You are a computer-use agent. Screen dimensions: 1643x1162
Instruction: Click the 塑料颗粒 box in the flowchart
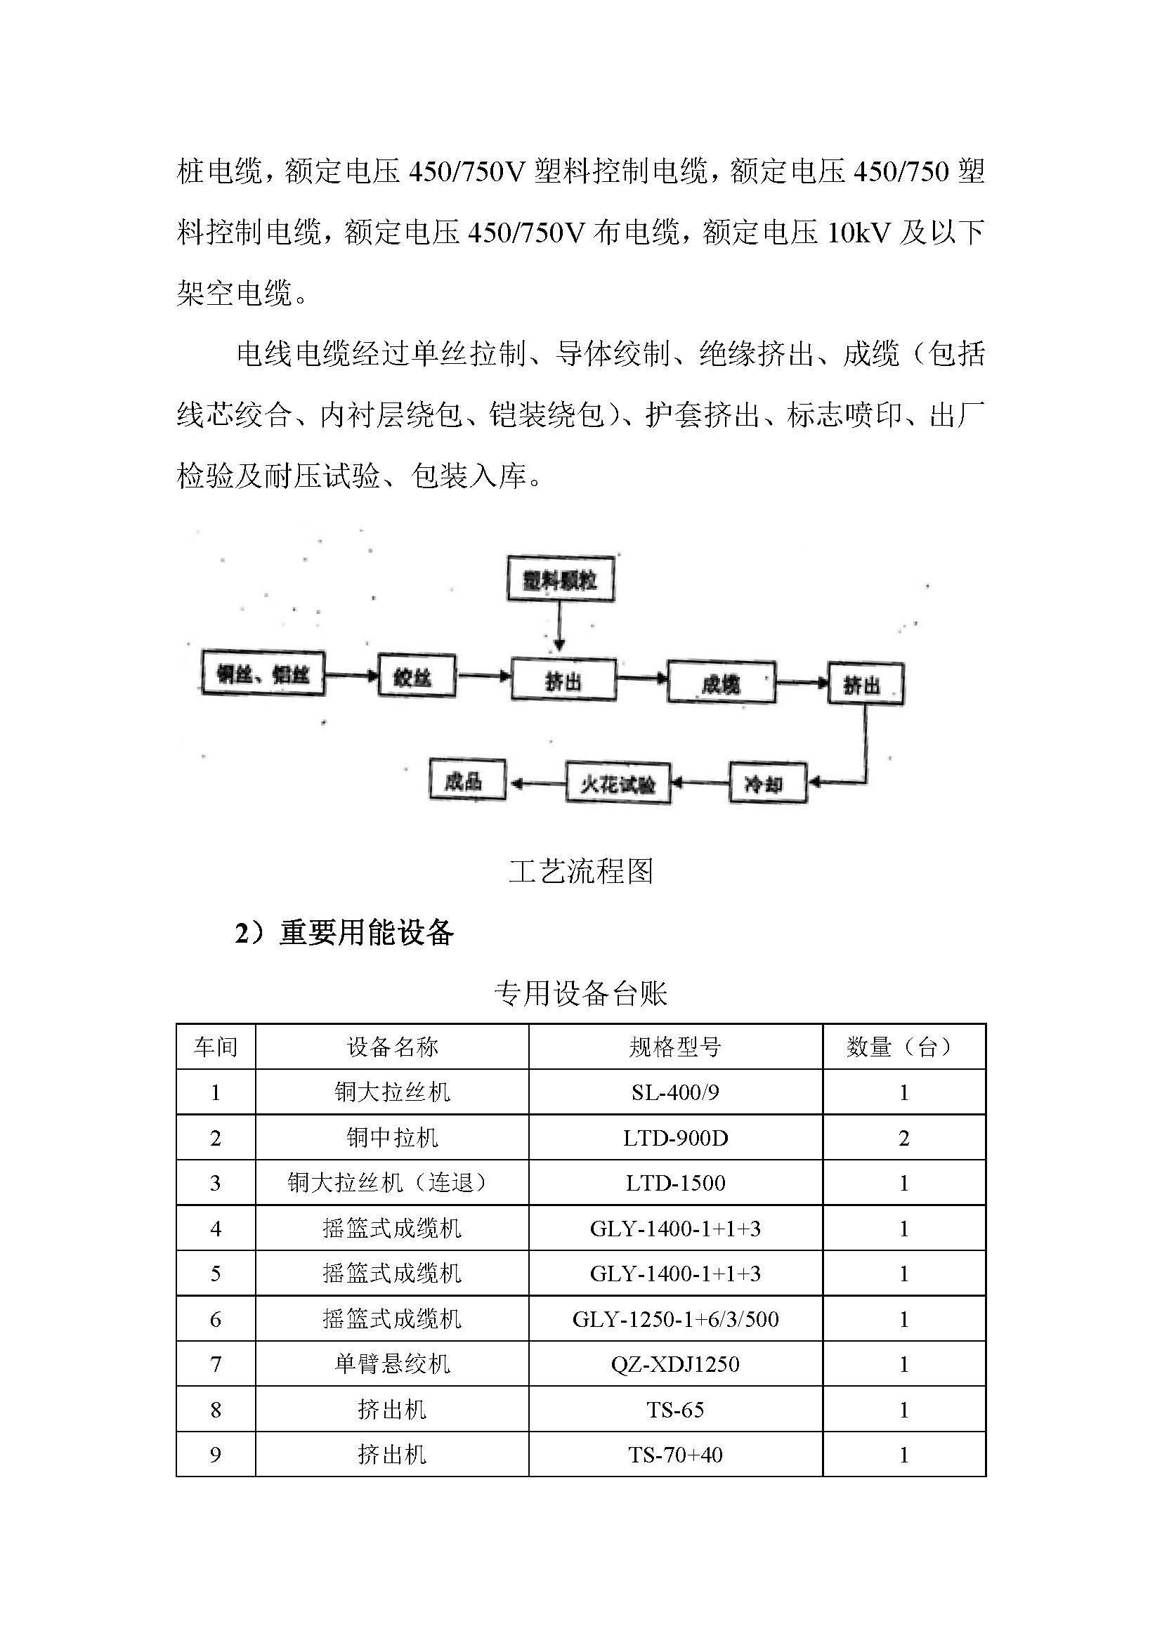560,579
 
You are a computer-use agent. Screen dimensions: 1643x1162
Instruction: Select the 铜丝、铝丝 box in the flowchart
263,674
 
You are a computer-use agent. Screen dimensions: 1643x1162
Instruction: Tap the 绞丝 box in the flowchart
416,676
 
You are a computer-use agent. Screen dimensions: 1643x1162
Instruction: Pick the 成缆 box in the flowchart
721,683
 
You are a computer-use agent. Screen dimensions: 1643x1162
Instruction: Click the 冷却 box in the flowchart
767,784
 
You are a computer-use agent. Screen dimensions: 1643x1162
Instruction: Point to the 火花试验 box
618,785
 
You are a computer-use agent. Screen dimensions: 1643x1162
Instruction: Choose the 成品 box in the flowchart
466,779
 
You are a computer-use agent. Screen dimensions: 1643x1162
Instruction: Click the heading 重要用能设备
366,932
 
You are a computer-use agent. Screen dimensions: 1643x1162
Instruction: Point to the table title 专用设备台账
580,993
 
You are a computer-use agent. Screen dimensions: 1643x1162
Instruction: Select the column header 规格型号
674,1047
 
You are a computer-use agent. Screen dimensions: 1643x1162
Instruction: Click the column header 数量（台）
903,1047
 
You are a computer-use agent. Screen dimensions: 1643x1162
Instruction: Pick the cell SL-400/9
674,1093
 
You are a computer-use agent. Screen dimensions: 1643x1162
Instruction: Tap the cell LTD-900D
674,1138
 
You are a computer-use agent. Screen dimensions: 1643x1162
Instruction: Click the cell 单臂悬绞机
392,1364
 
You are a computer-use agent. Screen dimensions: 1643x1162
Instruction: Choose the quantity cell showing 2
903,1138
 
